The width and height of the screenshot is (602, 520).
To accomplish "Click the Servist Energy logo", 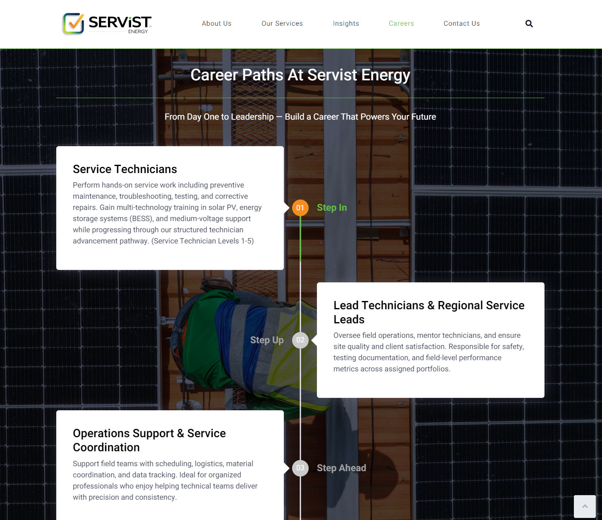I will point(107,24).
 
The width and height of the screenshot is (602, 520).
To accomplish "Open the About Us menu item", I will point(216,24).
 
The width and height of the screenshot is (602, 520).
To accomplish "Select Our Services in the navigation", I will point(282,24).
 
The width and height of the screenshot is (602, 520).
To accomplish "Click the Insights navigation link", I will point(346,24).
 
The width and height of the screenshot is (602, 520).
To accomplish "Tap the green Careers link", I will point(401,24).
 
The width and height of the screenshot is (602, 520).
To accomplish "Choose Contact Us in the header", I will point(462,24).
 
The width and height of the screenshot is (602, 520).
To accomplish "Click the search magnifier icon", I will point(529,24).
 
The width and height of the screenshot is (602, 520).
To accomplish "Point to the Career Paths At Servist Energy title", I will point(300,75).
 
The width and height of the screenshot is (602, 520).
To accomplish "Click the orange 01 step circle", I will point(300,208).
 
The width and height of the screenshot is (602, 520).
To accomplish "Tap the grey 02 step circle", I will point(300,340).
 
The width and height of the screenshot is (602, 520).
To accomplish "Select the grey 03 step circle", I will point(300,468).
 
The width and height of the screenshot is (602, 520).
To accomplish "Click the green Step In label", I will point(332,208).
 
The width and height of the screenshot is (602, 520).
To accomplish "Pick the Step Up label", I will point(267,340).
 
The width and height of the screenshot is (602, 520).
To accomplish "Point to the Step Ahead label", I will point(341,468).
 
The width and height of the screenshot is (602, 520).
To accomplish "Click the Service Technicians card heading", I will point(125,169).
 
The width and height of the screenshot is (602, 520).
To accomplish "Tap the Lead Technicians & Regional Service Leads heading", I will point(429,312).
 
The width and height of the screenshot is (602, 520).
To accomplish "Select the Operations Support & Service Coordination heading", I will point(149,440).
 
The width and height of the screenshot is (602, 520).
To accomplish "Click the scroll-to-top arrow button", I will point(585,506).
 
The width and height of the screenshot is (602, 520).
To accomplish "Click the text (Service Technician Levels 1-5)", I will point(203,241).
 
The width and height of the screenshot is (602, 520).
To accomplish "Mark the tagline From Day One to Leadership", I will point(219,117).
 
